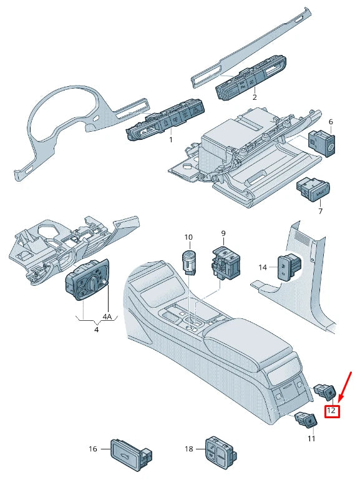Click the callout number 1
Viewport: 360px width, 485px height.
point(170,140)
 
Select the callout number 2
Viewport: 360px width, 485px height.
point(255,98)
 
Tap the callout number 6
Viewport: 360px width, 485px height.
point(331,122)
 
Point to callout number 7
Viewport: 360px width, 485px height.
point(321,211)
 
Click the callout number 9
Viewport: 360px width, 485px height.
point(223,234)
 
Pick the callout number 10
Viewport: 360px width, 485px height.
point(188,238)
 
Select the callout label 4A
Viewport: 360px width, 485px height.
point(107,316)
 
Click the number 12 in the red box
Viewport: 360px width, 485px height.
point(332,411)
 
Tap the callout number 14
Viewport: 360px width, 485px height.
point(263,267)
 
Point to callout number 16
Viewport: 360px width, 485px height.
point(93,449)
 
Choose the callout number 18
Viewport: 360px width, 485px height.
point(188,449)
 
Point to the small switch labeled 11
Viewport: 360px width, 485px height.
point(306,423)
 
